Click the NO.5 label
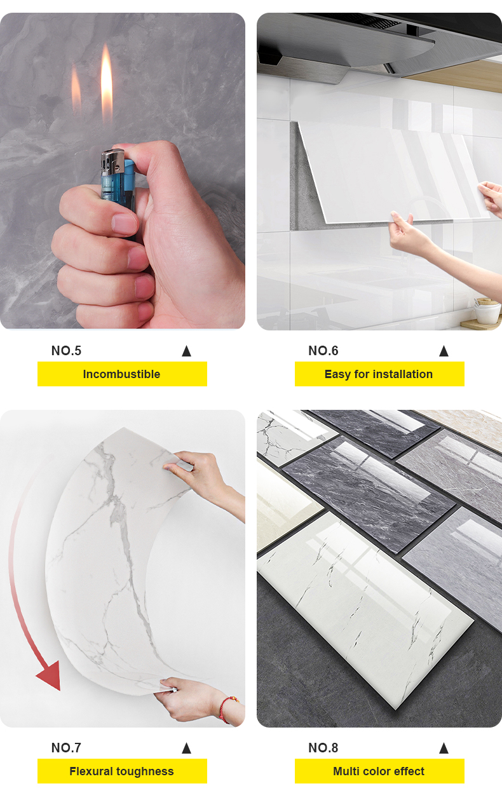point(67,351)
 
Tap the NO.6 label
point(323,351)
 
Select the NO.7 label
point(66,747)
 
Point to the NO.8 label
point(323,747)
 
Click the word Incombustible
point(121,374)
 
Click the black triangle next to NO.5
point(186,351)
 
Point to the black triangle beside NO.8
point(444,748)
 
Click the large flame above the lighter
point(106,84)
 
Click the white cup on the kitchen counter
point(487,312)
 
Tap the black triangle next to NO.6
point(444,351)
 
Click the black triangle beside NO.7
point(186,748)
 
